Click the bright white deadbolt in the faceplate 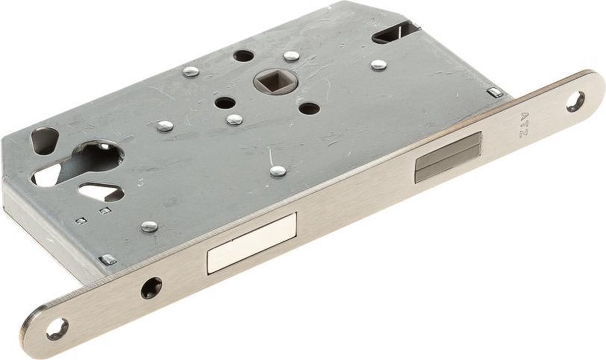252,244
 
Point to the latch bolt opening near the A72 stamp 449,158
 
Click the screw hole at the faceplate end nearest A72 576,101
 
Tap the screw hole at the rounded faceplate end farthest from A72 57,329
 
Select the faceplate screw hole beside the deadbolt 151,288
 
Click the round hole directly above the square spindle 243,56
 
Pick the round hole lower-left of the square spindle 225,103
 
